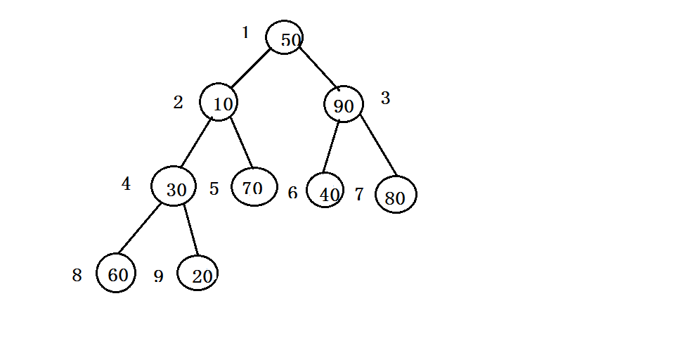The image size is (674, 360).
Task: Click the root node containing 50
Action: (284, 37)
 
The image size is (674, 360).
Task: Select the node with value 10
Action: (219, 102)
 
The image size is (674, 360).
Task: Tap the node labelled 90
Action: (344, 103)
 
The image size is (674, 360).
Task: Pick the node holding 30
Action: (174, 186)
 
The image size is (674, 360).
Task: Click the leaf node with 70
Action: (254, 186)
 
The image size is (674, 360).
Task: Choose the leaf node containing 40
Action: (325, 190)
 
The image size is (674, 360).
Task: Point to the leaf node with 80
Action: (396, 194)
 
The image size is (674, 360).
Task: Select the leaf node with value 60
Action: (116, 273)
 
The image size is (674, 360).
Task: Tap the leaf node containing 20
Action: (197, 273)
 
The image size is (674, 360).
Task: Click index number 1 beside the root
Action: (245, 32)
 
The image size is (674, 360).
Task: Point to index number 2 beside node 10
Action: (178, 103)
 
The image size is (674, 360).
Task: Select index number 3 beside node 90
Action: (386, 98)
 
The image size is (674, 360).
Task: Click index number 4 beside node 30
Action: (126, 184)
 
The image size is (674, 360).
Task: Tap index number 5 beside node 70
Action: (214, 189)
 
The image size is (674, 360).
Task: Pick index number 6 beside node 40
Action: (293, 193)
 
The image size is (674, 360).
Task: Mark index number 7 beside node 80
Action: (359, 194)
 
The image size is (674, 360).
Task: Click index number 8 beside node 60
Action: (77, 275)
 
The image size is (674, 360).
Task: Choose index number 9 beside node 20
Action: (159, 276)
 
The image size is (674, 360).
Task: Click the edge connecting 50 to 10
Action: (251, 68)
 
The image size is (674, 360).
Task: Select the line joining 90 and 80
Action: (378, 146)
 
